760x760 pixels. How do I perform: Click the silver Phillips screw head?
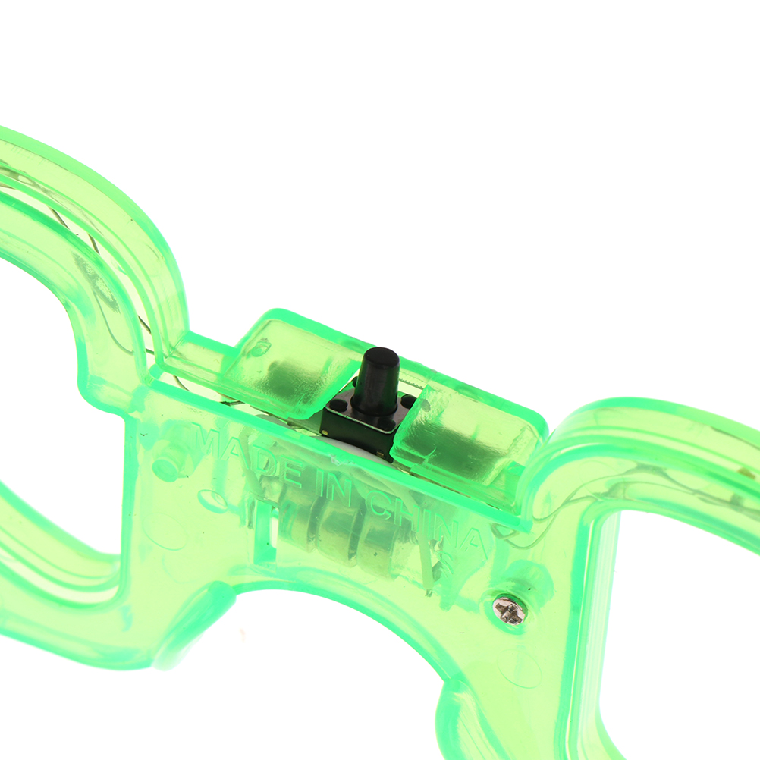tap(507, 609)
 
